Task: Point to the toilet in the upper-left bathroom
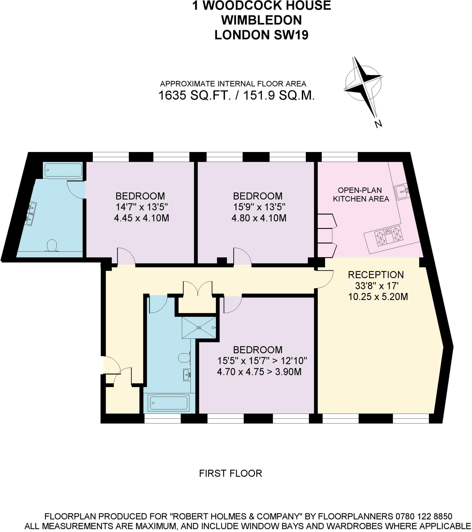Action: pyautogui.click(x=52, y=245)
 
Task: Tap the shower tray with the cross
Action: pyautogui.click(x=199, y=327)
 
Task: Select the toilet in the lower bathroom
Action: pyautogui.click(x=184, y=358)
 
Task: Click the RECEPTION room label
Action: pyautogui.click(x=376, y=275)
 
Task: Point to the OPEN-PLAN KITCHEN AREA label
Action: pyautogui.click(x=361, y=194)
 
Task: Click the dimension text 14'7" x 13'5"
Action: pyautogui.click(x=142, y=207)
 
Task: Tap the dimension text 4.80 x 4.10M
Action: pyautogui.click(x=259, y=218)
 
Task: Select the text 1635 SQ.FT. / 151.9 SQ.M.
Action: pyautogui.click(x=236, y=96)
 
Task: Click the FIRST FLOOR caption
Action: pyautogui.click(x=230, y=474)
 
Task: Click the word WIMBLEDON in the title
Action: pyautogui.click(x=261, y=20)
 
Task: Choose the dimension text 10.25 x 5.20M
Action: pyautogui.click(x=378, y=296)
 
